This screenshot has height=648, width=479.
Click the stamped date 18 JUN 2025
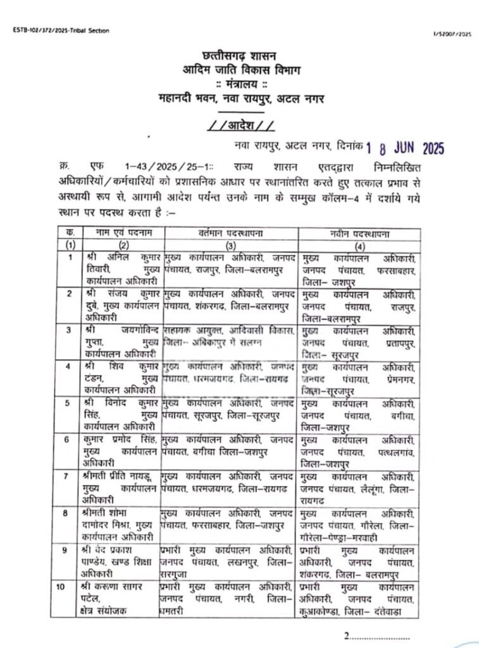pos(405,148)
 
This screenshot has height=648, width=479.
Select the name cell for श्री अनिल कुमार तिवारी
pos(120,268)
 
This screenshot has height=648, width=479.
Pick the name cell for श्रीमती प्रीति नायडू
pos(120,485)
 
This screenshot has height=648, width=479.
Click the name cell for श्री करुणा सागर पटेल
pos(120,598)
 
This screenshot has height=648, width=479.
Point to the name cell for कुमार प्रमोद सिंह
pos(120,449)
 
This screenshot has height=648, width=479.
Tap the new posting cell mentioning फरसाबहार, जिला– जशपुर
pos(359,268)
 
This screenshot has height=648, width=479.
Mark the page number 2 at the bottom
pos(347,635)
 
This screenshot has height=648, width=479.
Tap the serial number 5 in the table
pos(70,402)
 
